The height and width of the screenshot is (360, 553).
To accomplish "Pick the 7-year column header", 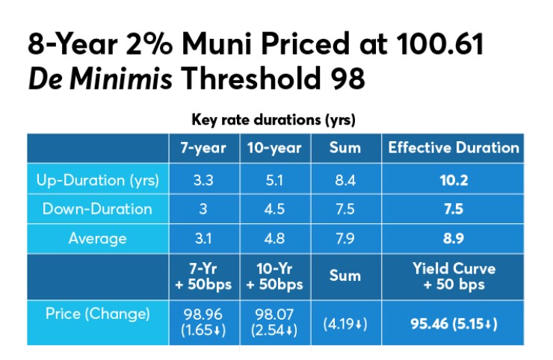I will pyautogui.click(x=203, y=148).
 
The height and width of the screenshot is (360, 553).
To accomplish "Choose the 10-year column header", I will pyautogui.click(x=274, y=148).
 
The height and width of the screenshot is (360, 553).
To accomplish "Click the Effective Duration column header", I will pyautogui.click(x=454, y=148).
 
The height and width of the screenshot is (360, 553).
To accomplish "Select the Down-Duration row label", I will pyautogui.click(x=96, y=209).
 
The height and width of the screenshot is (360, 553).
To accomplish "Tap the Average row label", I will pyautogui.click(x=96, y=239).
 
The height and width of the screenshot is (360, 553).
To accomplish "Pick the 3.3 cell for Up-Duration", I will pyautogui.click(x=203, y=179).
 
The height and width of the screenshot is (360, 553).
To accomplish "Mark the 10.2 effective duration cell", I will pyautogui.click(x=454, y=179).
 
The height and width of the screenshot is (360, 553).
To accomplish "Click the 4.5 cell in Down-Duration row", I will pyautogui.click(x=274, y=209).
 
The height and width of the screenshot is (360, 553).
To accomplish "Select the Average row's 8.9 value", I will pyautogui.click(x=454, y=239).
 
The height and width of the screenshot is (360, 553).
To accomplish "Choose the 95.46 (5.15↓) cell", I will pyautogui.click(x=454, y=323).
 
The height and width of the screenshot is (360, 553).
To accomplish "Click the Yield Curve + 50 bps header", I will pyautogui.click(x=454, y=276).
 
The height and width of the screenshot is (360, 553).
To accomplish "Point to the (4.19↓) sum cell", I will pyautogui.click(x=345, y=323).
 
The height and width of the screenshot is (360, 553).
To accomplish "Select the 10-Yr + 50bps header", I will pyautogui.click(x=274, y=276).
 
